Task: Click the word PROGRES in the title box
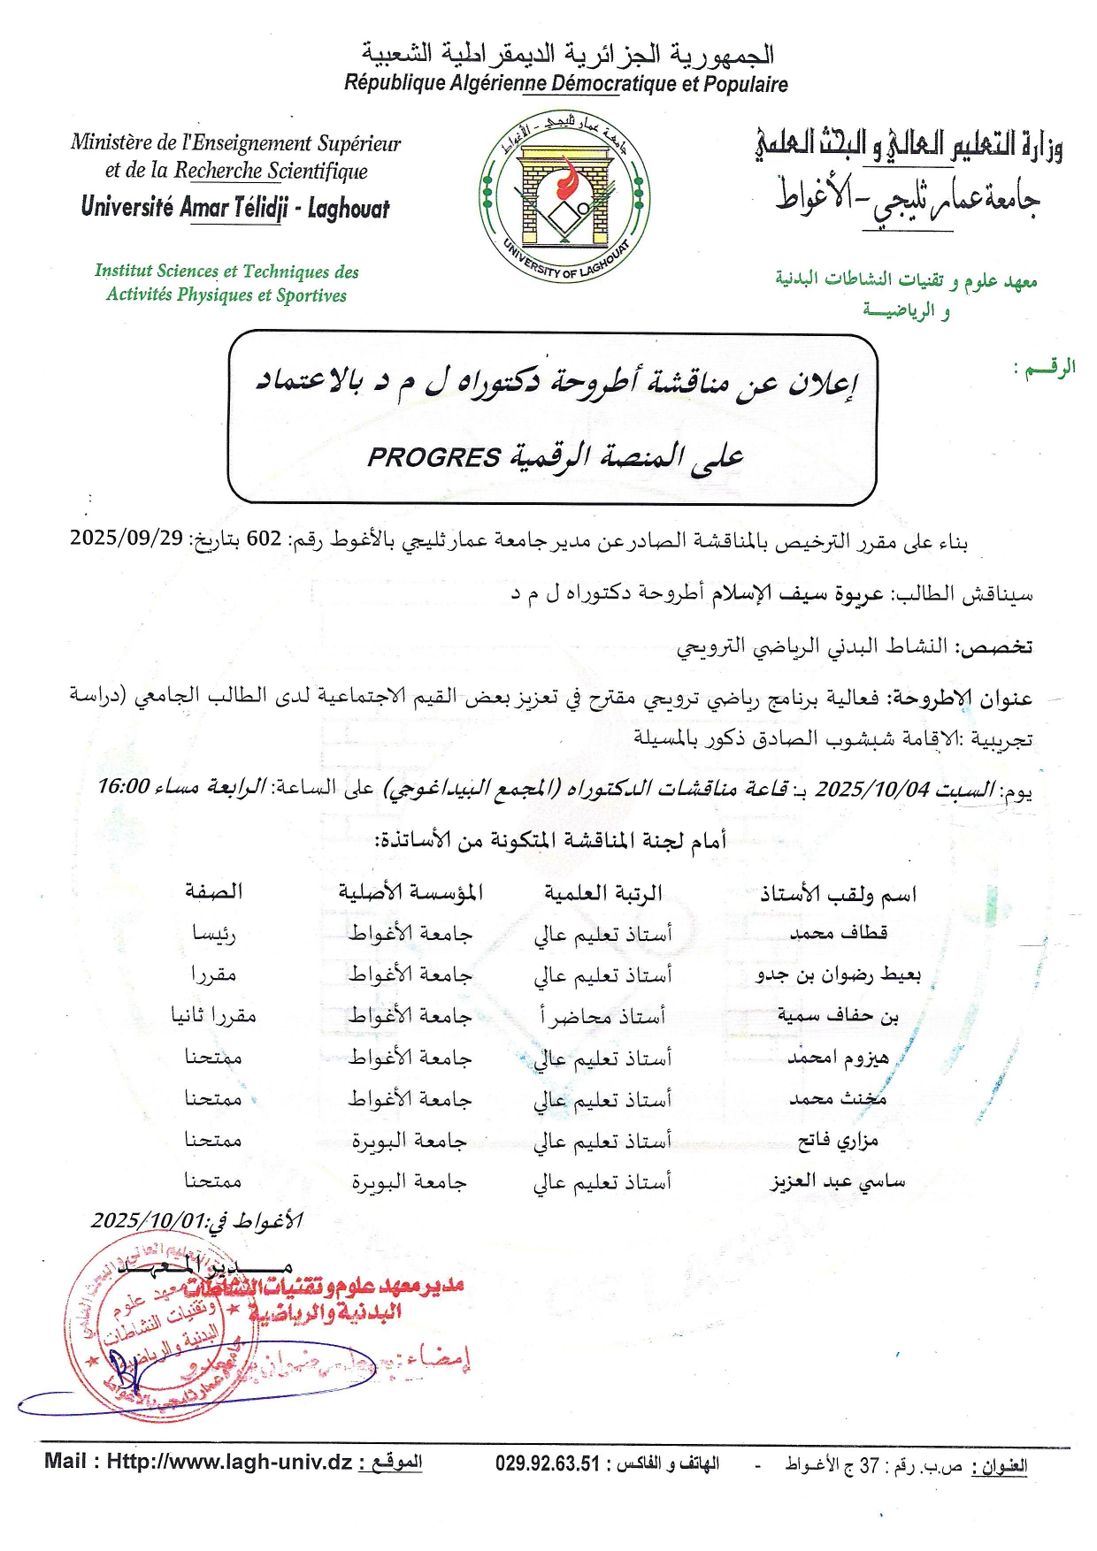[x=433, y=457]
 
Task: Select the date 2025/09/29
[x=127, y=538]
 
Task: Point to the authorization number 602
[x=264, y=539]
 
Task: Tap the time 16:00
[x=123, y=786]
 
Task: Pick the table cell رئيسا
[x=214, y=933]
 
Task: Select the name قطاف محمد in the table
[x=838, y=932]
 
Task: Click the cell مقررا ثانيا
[x=213, y=1016]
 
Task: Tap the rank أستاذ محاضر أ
[x=602, y=1016]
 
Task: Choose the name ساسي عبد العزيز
[x=837, y=1181]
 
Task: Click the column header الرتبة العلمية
[x=602, y=893]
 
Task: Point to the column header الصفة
[x=213, y=891]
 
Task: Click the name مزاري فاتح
[x=838, y=1141]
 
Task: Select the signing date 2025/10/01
[x=148, y=1221]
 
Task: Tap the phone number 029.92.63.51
[x=548, y=1463]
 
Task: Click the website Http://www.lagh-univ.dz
[x=229, y=1462]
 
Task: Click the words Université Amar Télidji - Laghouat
[x=234, y=208]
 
